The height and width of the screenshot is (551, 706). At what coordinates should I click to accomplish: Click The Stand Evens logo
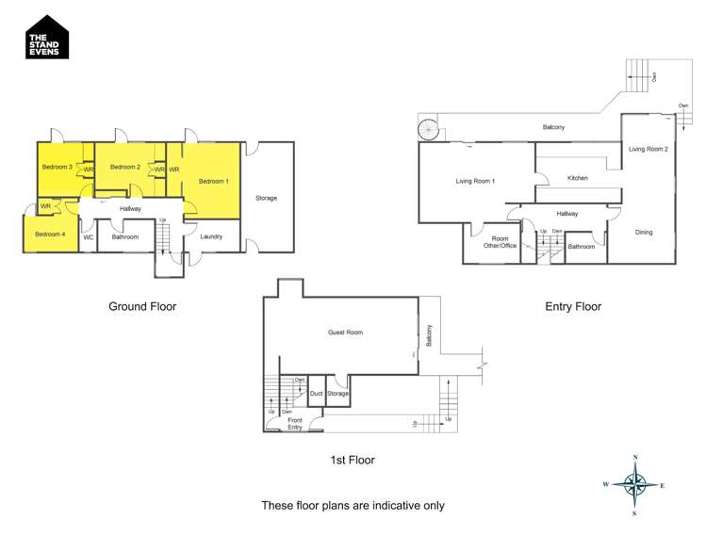tap(47, 37)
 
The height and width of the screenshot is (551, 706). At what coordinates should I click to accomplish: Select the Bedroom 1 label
tap(212, 180)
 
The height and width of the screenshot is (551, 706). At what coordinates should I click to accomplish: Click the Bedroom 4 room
tap(50, 235)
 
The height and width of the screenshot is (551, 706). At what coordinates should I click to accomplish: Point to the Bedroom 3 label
tap(57, 167)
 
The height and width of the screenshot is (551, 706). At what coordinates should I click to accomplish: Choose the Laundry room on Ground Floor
tap(210, 236)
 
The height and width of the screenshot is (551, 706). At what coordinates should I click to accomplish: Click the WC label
tap(88, 237)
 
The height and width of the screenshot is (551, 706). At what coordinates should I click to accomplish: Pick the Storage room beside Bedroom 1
tap(266, 198)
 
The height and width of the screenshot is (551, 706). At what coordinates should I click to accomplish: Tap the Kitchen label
tap(577, 178)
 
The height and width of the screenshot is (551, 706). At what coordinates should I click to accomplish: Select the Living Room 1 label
tap(475, 181)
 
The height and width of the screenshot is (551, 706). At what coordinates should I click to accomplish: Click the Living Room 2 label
tap(649, 149)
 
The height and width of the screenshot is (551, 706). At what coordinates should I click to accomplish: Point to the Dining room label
tap(643, 232)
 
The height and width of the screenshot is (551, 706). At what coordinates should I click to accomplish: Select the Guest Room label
tap(345, 332)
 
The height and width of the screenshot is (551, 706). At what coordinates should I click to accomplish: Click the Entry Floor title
tap(572, 306)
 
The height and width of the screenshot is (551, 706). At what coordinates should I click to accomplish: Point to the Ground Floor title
tap(142, 306)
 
